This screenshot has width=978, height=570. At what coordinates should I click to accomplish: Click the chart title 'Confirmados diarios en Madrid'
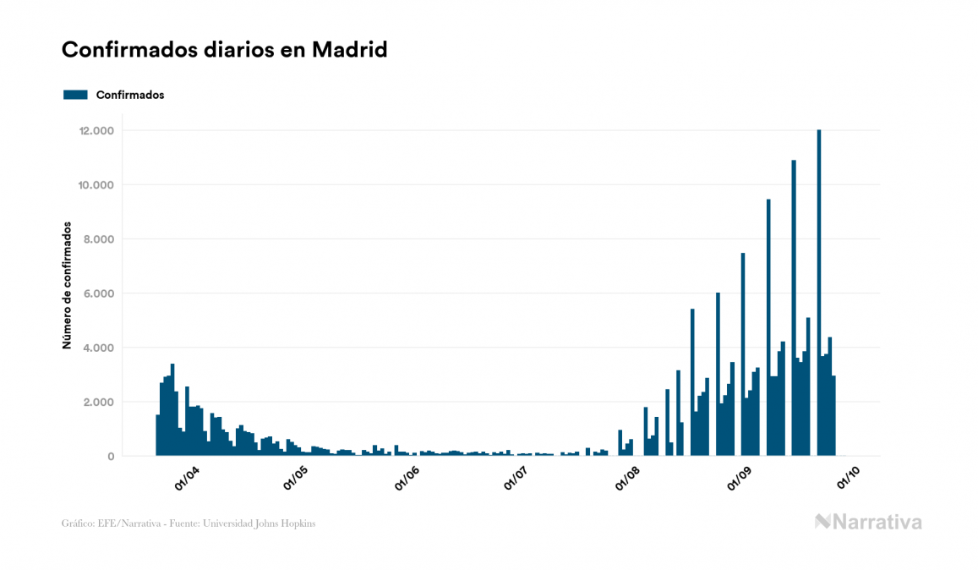click(x=224, y=50)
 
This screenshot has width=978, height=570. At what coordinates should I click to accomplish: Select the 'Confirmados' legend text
click(x=130, y=95)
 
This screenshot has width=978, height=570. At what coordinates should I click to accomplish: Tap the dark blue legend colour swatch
click(x=75, y=95)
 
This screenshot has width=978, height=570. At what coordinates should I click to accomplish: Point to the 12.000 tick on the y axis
click(x=96, y=131)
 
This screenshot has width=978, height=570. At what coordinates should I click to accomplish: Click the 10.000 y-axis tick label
click(x=96, y=185)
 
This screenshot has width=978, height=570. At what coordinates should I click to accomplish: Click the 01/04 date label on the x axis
click(x=186, y=479)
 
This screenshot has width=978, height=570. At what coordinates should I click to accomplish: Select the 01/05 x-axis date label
click(x=297, y=479)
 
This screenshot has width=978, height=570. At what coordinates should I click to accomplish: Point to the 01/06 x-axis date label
click(x=407, y=479)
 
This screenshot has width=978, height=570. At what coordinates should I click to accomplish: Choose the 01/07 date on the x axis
click(x=517, y=479)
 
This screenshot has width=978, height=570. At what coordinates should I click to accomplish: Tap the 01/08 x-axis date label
click(x=628, y=479)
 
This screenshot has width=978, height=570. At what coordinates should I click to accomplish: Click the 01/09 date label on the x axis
click(x=739, y=479)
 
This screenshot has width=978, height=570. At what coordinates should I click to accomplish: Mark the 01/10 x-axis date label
click(x=849, y=479)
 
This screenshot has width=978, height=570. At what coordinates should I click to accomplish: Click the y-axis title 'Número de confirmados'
click(x=66, y=286)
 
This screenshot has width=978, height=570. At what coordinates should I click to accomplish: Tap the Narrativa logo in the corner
click(x=868, y=522)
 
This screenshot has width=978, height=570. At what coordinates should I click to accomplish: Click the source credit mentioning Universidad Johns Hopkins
click(x=188, y=523)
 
